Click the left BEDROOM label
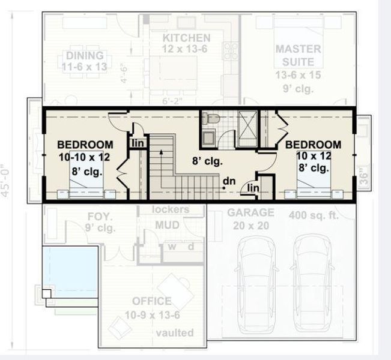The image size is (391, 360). (85, 145)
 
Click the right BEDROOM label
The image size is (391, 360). (313, 145)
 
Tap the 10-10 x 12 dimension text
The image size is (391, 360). (85, 157)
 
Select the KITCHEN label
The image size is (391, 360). (186, 38)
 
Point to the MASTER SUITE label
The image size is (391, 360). (299, 55)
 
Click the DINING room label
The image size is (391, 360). (84, 56)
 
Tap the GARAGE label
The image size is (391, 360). (250, 212)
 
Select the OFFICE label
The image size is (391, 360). (152, 301)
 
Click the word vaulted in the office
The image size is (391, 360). (174, 332)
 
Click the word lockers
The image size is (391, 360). (171, 210)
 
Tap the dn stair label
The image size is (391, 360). (228, 181)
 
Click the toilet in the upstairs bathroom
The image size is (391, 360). (209, 119)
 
